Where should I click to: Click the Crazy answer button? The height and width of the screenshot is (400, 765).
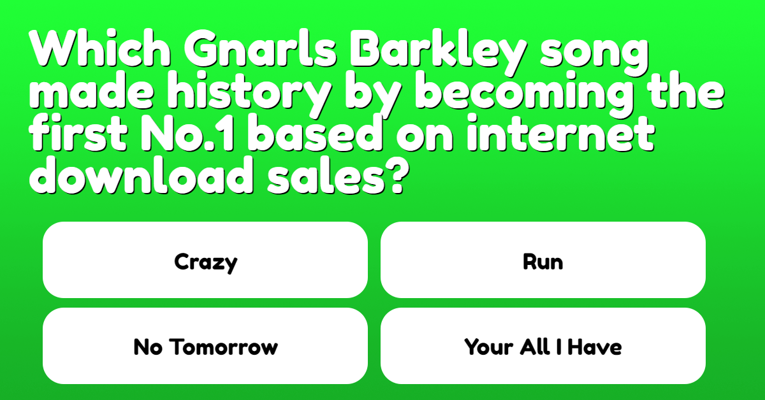tap(205, 260)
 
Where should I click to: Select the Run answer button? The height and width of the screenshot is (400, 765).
tap(543, 260)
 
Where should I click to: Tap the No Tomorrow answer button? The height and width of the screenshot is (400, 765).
tap(205, 346)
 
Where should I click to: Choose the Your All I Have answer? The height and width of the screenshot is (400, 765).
tap(543, 346)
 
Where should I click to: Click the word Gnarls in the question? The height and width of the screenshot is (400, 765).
tap(261, 48)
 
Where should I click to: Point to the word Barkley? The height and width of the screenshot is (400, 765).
tap(438, 53)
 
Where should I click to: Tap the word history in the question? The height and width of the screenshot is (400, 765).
tap(249, 94)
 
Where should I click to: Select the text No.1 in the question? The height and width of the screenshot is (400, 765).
tap(187, 133)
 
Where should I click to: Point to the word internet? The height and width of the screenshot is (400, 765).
tap(560, 132)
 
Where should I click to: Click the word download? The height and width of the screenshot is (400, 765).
tap(142, 175)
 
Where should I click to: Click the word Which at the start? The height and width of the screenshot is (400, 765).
tap(99, 48)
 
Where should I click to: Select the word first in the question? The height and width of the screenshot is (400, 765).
tap(78, 132)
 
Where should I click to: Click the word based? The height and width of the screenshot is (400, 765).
tap(315, 132)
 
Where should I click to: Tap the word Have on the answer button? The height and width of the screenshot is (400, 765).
tap(595, 347)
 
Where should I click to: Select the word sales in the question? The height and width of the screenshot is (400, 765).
tap(326, 175)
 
